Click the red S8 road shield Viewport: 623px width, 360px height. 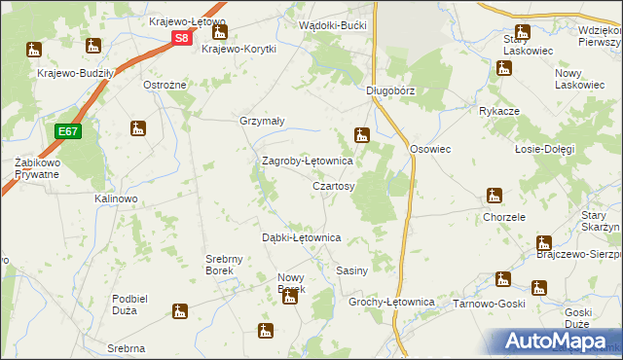pyautogui.click(x=182, y=38)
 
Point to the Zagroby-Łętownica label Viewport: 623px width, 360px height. pyautogui.click(x=306, y=161)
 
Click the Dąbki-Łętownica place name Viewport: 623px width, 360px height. pyautogui.click(x=301, y=237)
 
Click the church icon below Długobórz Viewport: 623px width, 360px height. pyautogui.click(x=363, y=136)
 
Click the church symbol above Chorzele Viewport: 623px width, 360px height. pyautogui.click(x=495, y=197)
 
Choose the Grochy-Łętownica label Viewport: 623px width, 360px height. pyautogui.click(x=390, y=303)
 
